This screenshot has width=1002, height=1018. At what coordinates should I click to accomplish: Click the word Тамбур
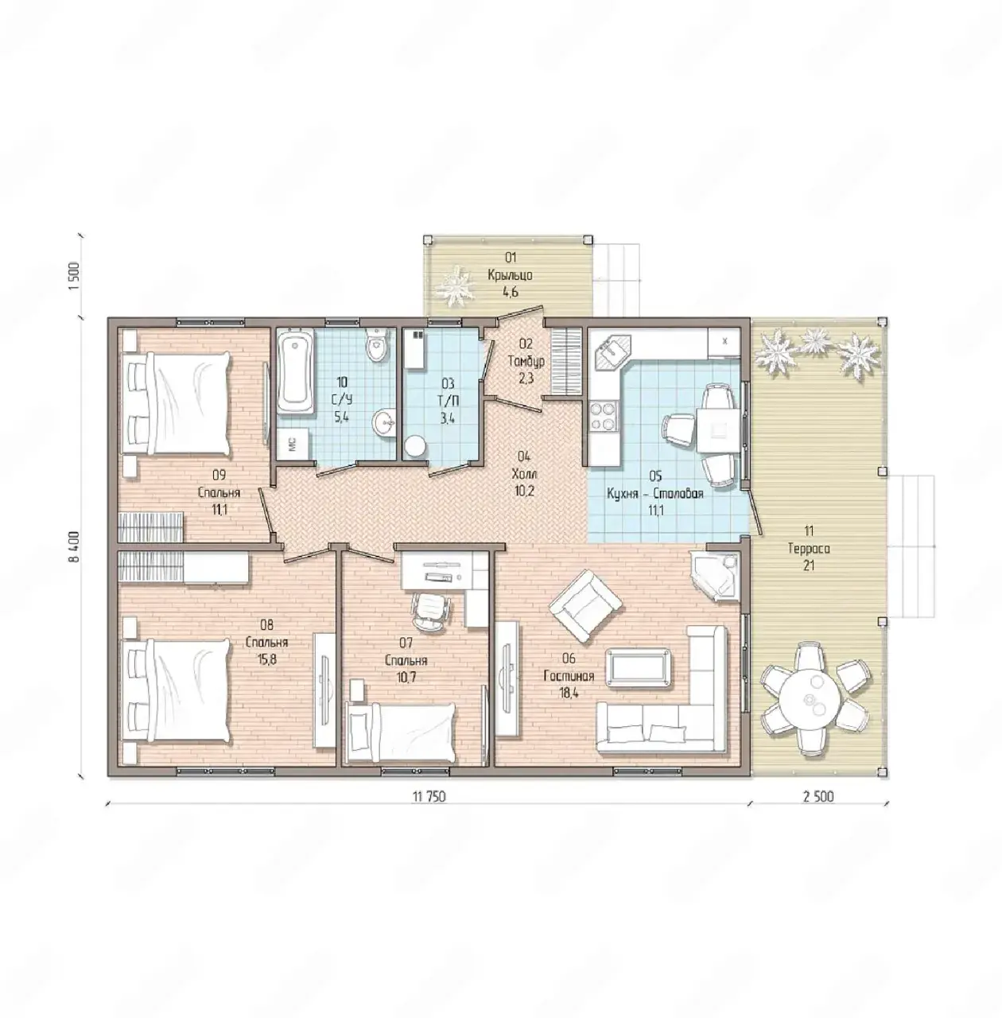(526, 362)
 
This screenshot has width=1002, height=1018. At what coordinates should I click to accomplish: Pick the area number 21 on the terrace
(809, 565)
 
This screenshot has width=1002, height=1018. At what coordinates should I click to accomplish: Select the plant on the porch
(455, 287)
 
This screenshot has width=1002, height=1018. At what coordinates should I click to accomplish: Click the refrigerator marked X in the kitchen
(724, 342)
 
